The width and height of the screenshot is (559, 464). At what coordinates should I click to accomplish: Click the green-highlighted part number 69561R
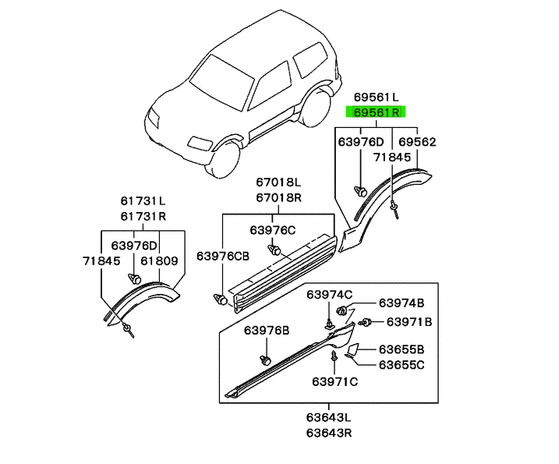(x=376, y=113)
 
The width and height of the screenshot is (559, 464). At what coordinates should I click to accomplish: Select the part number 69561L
(x=376, y=97)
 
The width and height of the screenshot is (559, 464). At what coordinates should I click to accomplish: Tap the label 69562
(x=417, y=142)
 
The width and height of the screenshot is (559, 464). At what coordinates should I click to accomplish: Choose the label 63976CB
(x=223, y=256)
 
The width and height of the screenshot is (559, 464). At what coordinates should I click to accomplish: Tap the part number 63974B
(x=402, y=303)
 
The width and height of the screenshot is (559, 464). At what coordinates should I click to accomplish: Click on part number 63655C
(x=402, y=364)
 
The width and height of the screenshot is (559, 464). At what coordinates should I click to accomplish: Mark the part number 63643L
(x=328, y=418)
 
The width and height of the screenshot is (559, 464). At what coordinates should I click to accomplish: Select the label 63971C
(x=334, y=381)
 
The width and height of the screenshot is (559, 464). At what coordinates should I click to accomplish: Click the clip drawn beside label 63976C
(x=275, y=250)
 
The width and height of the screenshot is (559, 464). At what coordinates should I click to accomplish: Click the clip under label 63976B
(x=264, y=360)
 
